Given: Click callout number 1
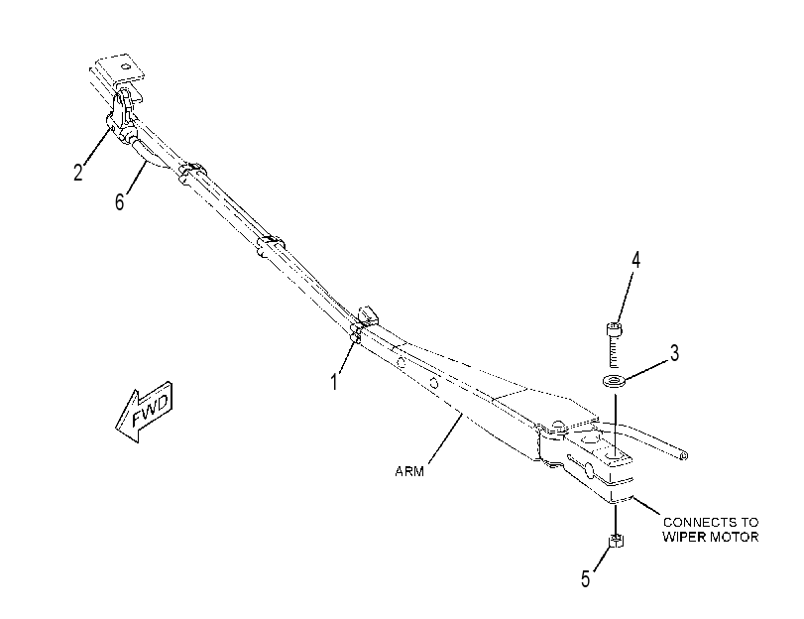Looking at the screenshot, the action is click(334, 382).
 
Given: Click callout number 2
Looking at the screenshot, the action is click(78, 172).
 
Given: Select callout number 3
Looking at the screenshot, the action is click(675, 353).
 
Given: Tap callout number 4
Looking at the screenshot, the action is click(635, 260).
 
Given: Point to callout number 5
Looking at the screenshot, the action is click(586, 579).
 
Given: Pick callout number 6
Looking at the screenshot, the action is click(120, 201).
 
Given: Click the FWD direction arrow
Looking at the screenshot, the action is click(144, 412).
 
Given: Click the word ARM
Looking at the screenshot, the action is click(409, 471).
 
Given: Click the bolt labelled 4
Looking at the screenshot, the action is click(614, 344).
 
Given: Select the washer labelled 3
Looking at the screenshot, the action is click(615, 382).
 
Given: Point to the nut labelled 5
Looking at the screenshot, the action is click(616, 541).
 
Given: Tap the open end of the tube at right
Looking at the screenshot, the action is click(684, 455).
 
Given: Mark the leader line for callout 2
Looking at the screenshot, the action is click(95, 146).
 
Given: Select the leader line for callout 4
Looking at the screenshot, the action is click(626, 297).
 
